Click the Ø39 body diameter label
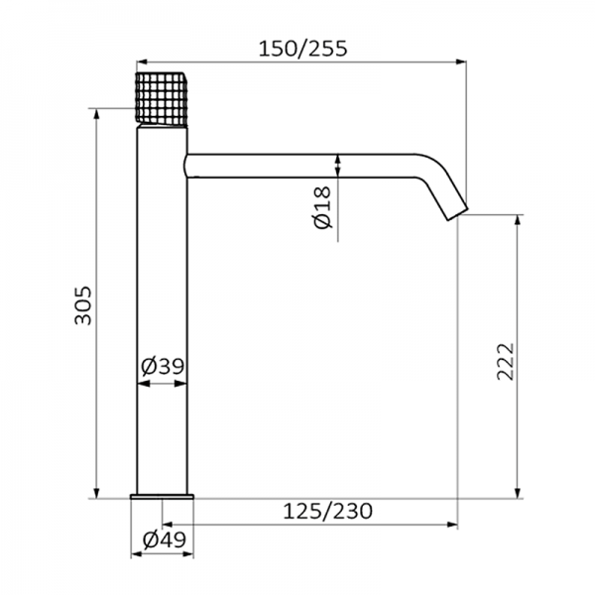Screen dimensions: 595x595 [x=162, y=366]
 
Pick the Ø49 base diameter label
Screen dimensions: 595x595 [x=163, y=539]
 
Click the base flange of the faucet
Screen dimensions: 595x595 [x=162, y=495]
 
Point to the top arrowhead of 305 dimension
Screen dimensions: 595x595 [x=96, y=113]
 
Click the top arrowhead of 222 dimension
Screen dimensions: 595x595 [x=518, y=219]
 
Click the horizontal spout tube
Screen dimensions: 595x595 [x=297, y=166]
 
